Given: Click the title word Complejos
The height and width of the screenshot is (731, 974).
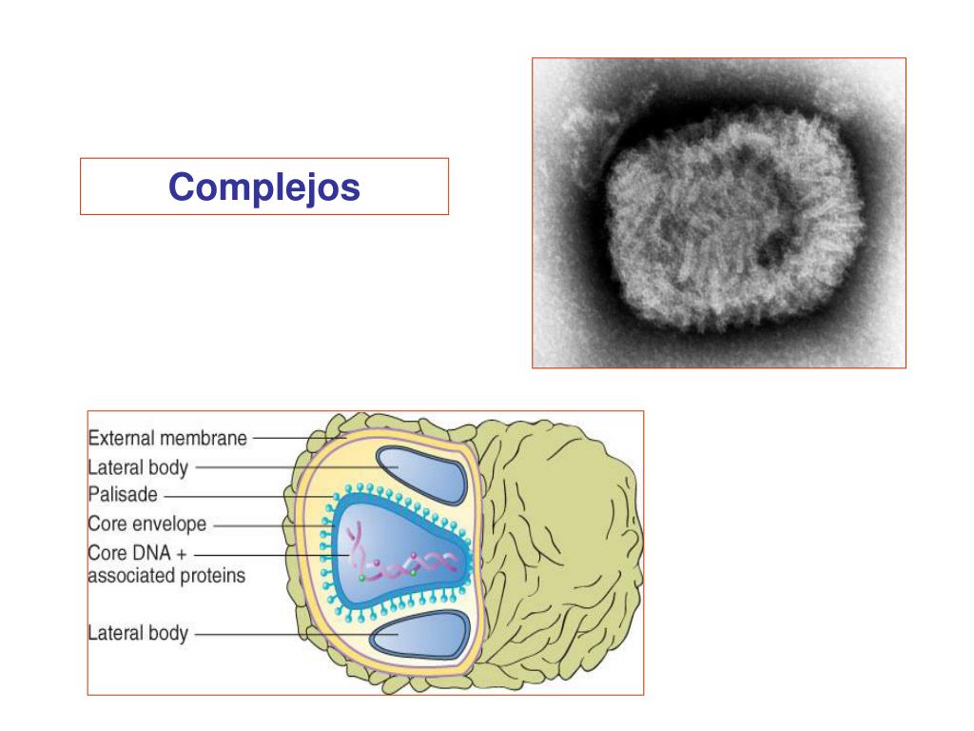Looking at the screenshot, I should pos(264,187).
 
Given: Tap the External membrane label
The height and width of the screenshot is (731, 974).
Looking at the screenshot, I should pos(167,439).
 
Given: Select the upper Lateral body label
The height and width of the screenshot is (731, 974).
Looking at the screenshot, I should pos(138,467).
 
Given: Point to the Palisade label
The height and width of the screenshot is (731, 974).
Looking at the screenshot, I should pos(123,495).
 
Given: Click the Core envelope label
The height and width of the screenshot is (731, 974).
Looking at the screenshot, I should pos(146,524).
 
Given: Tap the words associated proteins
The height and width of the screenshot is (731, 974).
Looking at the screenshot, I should pos(166,576).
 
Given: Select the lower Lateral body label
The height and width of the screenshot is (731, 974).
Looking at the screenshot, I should pos(138,633).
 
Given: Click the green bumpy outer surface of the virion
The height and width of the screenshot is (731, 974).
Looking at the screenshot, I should pos(561,552).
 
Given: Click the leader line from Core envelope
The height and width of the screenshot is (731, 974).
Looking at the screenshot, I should pos(271,524).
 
